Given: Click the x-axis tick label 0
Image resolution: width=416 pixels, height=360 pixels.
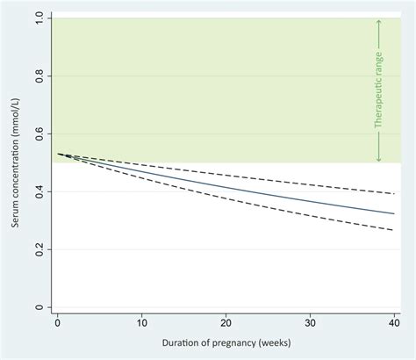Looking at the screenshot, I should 57,323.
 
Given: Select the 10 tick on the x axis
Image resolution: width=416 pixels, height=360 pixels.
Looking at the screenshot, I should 141,323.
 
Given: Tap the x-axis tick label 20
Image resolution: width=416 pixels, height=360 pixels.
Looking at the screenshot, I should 226,323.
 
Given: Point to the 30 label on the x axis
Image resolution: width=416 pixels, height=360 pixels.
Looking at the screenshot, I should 311,323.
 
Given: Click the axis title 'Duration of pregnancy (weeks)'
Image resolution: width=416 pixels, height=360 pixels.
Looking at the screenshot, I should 226,342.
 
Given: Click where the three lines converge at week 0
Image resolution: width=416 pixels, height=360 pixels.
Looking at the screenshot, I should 58,154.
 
